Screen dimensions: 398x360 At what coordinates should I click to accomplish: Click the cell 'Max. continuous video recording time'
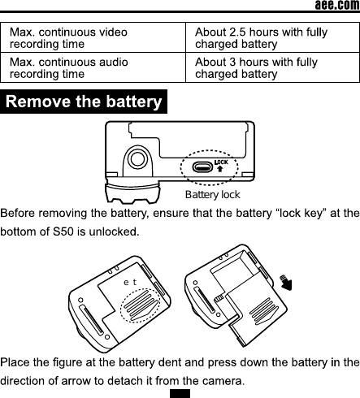click(x=68, y=37)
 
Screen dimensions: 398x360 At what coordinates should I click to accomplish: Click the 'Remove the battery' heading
click(x=84, y=102)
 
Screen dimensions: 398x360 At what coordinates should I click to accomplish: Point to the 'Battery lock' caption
click(x=212, y=195)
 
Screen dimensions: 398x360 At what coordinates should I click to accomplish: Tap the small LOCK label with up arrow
click(x=219, y=167)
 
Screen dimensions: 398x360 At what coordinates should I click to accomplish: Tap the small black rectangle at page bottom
click(x=180, y=393)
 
